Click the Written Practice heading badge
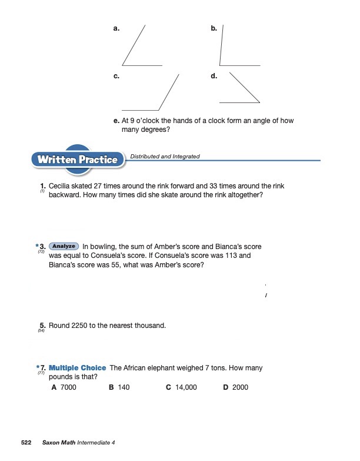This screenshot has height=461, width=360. click(78, 160)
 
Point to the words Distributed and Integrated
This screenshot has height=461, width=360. click(165, 157)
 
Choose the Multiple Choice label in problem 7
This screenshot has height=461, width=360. click(78, 368)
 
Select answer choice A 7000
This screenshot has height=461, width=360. click(65, 387)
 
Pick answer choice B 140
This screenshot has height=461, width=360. click(119, 387)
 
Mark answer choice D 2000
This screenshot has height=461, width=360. click(236, 387)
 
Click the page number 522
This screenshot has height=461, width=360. click(26, 442)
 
